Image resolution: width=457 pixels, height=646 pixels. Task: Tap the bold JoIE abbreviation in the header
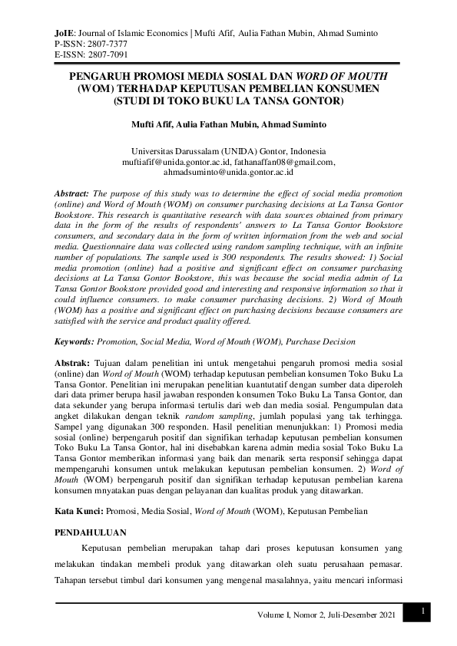(x=65, y=33)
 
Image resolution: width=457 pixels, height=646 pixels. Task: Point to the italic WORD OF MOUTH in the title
(x=350, y=77)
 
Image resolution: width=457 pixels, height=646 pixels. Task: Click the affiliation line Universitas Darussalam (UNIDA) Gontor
(x=228, y=151)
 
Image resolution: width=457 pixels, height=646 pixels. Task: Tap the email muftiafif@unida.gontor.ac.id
(x=172, y=162)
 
